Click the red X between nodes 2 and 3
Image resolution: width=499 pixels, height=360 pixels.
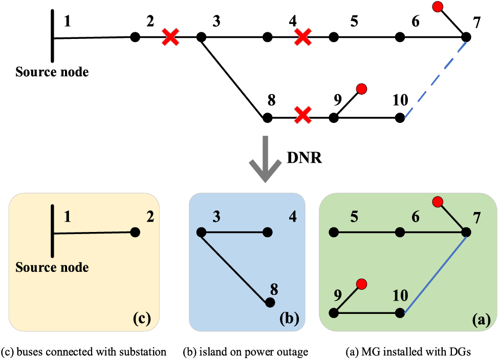point(170,37)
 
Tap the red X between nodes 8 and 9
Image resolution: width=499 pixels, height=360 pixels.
point(303,115)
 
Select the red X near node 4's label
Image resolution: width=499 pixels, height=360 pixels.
point(303,37)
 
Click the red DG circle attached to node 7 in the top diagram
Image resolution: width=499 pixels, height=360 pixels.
point(437,7)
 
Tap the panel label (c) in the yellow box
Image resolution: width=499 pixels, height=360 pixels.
point(141,319)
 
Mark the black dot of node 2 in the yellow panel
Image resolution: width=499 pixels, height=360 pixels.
point(135,232)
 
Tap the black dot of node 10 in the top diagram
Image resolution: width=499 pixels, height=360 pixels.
point(400,118)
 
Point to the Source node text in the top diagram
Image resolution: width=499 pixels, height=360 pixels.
point(52,72)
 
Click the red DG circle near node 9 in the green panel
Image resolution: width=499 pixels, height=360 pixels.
point(361,284)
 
